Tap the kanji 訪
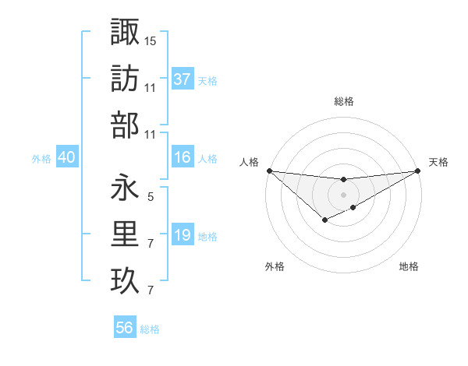(125, 78)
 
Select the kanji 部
(125, 125)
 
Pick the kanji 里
(125, 234)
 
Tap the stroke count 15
(150, 40)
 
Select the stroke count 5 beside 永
(150, 197)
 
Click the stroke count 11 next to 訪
(150, 88)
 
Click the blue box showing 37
(182, 79)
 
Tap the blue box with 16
(182, 157)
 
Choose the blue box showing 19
(182, 235)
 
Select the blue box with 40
(66, 157)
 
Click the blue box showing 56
(125, 328)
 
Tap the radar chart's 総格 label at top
(343, 101)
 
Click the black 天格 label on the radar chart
(438, 162)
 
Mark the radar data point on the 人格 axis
(269, 171)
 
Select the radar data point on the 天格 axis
(418, 171)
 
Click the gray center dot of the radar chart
(343, 195)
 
